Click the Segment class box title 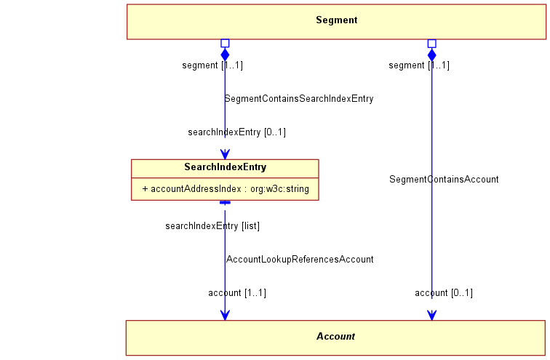click(x=336, y=20)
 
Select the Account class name click(x=335, y=337)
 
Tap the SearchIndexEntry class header click(x=226, y=167)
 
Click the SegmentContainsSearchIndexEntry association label click(x=299, y=99)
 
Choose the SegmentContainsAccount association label click(x=444, y=180)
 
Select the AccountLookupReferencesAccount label click(x=300, y=260)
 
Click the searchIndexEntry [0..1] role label click(x=236, y=132)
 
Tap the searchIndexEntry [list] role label click(x=212, y=226)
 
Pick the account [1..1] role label click(x=237, y=292)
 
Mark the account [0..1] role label click(x=444, y=292)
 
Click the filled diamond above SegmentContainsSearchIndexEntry click(x=226, y=55)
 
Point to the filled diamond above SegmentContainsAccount click(x=432, y=55)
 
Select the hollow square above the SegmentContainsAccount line click(x=432, y=44)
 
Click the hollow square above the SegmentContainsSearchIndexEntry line click(x=226, y=43)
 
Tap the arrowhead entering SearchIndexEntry click(x=226, y=154)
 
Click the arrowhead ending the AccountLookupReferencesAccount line click(x=226, y=315)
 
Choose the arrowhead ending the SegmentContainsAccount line click(x=432, y=315)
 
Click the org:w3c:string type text click(x=279, y=189)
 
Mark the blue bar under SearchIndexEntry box click(x=226, y=203)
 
